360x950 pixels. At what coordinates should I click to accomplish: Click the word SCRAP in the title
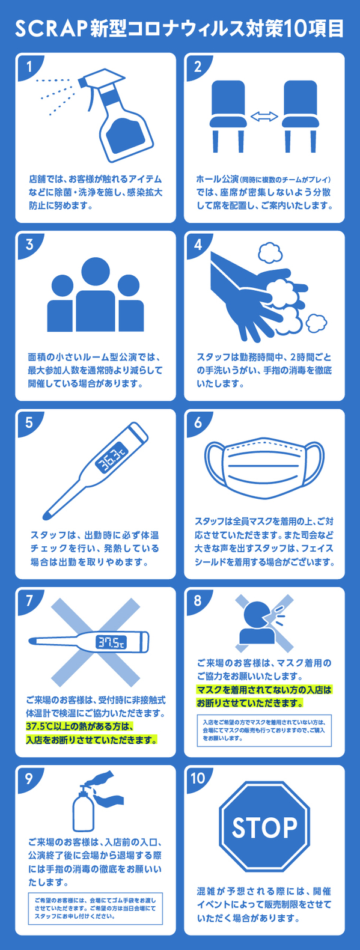pos(50,29)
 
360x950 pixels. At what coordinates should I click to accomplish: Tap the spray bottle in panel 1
pos(116,115)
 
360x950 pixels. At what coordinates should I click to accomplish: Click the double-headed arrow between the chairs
pos(264,117)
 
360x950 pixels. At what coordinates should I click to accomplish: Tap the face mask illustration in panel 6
pos(264,468)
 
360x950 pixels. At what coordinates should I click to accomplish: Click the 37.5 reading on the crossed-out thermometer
pos(112,642)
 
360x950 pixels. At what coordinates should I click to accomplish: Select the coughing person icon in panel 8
pos(257,623)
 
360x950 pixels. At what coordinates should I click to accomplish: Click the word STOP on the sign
pos(264,827)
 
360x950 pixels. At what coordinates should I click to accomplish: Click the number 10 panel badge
pos(198,778)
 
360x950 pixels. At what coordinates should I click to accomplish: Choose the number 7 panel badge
pos(29,600)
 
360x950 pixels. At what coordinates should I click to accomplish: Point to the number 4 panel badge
pos(198,245)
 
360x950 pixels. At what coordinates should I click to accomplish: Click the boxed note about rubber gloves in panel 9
pos(96,909)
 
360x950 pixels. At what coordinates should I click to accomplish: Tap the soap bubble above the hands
pos(270,253)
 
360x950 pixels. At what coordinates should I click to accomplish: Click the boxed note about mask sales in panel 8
pos(264,731)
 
